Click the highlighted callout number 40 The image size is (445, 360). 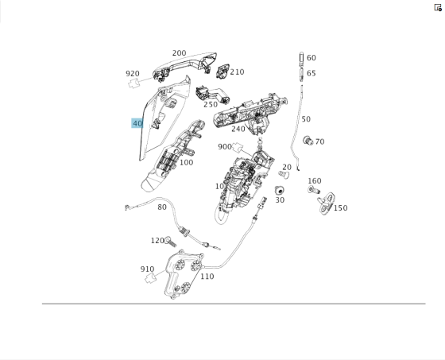pos(137,123)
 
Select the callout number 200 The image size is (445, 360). pos(179,52)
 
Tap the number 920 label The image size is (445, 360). pos(132,74)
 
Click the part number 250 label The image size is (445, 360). pos(210,104)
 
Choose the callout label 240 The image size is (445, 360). pos(238,129)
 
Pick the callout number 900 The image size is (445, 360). pos(225,146)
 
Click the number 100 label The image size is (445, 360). pos(186,162)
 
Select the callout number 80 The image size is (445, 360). pos(162,207)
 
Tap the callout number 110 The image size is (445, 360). pos(207,277)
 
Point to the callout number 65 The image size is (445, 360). pos(311,73)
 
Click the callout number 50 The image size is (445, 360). pos(306,119)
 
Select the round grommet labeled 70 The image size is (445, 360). pos(308,141)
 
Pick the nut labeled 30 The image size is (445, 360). pos(279,191)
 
